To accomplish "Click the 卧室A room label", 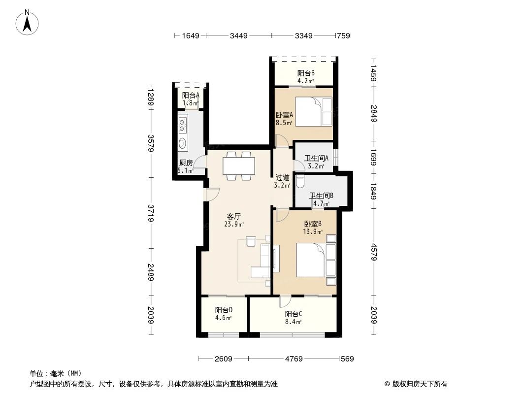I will pyautogui.click(x=284, y=115).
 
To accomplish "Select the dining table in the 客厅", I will pyautogui.click(x=239, y=166).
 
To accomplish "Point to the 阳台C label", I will pyautogui.click(x=294, y=314).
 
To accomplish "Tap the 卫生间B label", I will pyautogui.click(x=321, y=195).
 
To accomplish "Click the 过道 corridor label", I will pyautogui.click(x=282, y=178).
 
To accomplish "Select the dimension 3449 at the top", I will pyautogui.click(x=238, y=35).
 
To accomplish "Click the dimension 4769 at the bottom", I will pyautogui.click(x=293, y=359).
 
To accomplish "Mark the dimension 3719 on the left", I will pyautogui.click(x=151, y=213).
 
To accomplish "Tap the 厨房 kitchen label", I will pyautogui.click(x=185, y=163).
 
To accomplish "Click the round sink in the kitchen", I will pyautogui.click(x=183, y=143).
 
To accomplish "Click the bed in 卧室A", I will pyautogui.click(x=313, y=111).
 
